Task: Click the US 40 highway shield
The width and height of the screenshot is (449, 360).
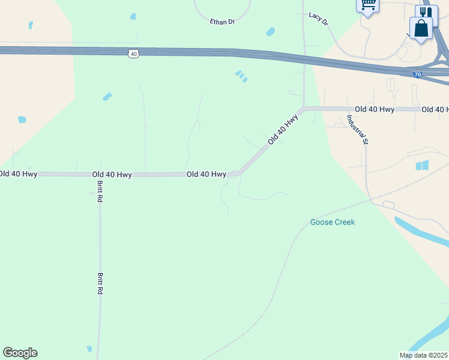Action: point(133,54)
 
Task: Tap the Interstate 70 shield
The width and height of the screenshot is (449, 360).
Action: point(418,74)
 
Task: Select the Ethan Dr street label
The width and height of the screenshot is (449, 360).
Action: point(221,22)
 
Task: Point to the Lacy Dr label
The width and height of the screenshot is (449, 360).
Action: point(319,19)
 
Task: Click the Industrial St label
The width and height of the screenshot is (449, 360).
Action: point(357,130)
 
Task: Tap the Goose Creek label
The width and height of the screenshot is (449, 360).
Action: point(333,222)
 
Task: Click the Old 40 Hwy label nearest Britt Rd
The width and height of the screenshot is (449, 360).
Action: point(112,174)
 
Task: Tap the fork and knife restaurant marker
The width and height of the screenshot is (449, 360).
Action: point(426,13)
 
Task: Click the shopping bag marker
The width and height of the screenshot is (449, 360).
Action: point(421,28)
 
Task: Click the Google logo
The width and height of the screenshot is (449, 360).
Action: point(20,353)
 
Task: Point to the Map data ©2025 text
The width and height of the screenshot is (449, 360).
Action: point(423,355)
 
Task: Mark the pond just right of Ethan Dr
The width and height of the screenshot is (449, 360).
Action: point(270,31)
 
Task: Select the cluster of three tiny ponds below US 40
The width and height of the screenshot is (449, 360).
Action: point(241,76)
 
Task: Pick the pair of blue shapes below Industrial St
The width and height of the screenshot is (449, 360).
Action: point(423,165)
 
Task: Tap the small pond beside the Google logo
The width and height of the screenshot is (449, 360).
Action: point(89,349)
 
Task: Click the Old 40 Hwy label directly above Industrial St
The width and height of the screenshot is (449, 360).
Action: point(375,109)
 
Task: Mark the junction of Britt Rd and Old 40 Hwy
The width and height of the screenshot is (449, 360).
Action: point(98,175)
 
